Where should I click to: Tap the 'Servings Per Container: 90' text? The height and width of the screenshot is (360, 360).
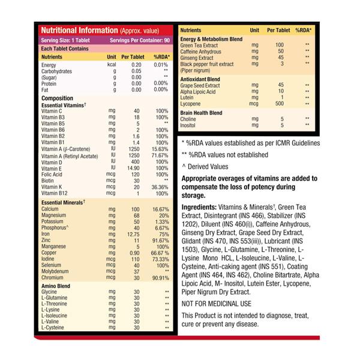click(140, 40)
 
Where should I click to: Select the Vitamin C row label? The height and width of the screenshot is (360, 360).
click(52, 111)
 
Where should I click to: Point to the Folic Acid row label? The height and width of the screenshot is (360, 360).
click(53, 174)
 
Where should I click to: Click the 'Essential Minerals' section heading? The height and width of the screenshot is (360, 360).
click(62, 202)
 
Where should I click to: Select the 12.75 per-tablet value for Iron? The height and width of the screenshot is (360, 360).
click(133, 235)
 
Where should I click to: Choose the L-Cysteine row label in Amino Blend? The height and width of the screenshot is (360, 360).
click(53, 328)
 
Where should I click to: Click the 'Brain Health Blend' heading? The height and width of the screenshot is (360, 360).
click(207, 112)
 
